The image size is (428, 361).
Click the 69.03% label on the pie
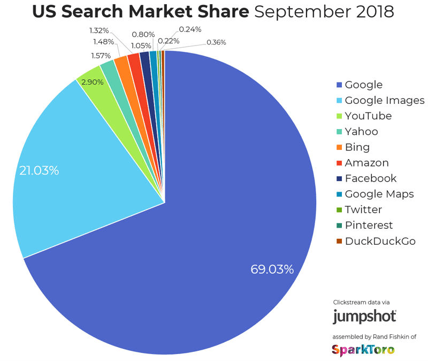[x=272, y=269]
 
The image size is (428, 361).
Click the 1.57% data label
[x=101, y=55]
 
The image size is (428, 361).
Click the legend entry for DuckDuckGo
[x=380, y=241]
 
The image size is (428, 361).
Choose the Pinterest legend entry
[x=369, y=225]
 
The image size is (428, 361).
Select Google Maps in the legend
[x=379, y=194]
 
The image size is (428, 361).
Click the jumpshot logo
[x=364, y=316]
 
